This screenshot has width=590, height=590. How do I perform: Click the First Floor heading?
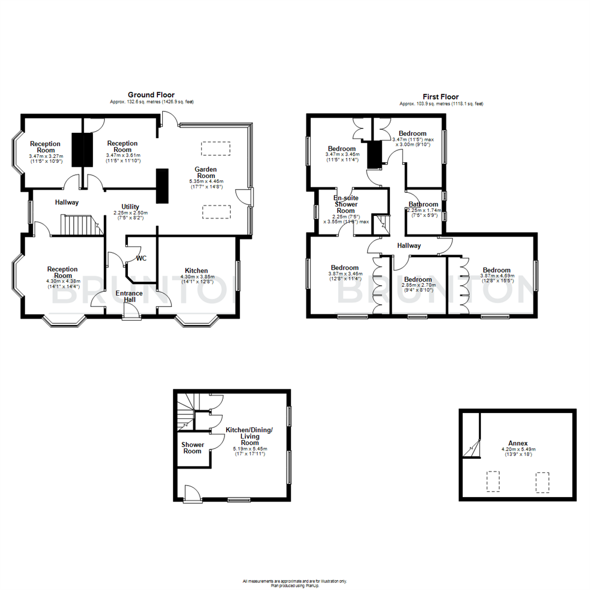440,97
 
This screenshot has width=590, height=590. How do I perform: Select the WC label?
141,258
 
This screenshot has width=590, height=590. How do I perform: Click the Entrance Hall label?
129,297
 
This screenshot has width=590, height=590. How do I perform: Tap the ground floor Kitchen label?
196,270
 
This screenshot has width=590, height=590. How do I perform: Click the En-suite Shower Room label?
345,204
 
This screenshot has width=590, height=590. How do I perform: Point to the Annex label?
518,443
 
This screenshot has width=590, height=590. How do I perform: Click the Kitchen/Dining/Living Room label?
249,436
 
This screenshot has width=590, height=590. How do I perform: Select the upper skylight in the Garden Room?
216,148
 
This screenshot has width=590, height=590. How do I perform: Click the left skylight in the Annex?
493,481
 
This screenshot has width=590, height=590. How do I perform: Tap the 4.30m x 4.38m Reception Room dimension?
62,282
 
